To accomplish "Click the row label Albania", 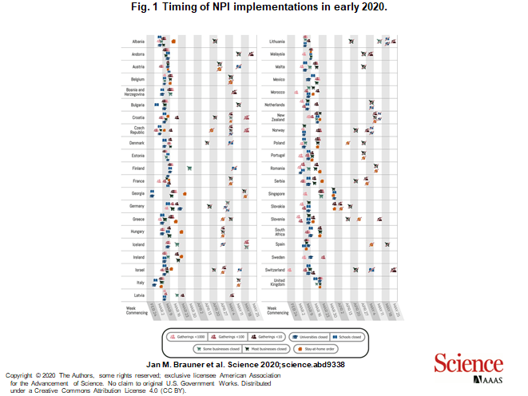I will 138,41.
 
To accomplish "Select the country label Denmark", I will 137,143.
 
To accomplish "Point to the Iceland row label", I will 138,244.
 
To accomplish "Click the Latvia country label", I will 139,295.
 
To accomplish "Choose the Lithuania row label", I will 277,41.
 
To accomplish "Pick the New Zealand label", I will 278,117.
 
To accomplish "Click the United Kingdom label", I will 278,283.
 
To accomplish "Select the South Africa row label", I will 278,232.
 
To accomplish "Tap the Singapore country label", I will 276,193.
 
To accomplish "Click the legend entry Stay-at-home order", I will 316,349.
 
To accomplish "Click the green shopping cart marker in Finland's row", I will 189,168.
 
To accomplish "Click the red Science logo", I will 463,363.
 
